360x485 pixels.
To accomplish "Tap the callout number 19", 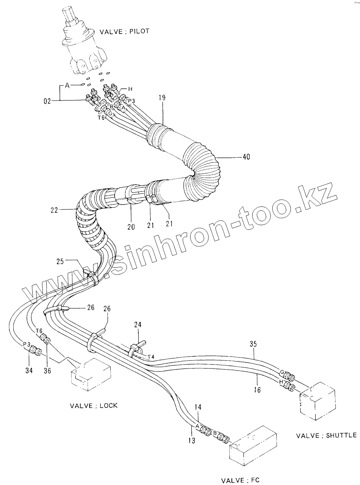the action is pos(162,98).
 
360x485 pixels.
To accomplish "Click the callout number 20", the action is pos(130,226).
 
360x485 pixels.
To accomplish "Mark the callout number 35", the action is pos(253,344).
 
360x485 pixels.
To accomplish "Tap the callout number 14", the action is pos(198,407).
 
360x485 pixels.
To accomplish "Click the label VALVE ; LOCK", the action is pos(94,406).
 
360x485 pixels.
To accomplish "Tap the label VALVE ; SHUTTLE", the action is pos(326,435).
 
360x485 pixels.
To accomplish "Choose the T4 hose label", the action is pos(152,356).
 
